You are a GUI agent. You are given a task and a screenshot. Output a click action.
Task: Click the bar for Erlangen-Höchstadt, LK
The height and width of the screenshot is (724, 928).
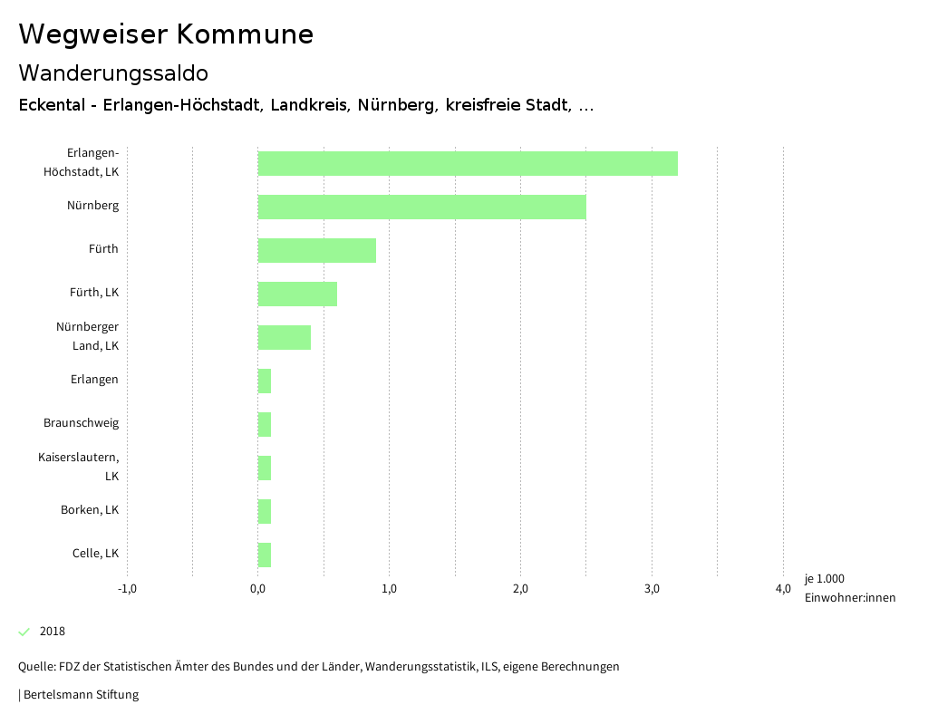(468, 163)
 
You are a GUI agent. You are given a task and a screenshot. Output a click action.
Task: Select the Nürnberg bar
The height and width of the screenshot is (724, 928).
(421, 207)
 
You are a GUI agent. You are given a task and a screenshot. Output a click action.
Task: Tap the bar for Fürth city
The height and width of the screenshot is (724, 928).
(316, 250)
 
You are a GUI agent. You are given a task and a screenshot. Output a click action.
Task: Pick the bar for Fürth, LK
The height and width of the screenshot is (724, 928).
(297, 294)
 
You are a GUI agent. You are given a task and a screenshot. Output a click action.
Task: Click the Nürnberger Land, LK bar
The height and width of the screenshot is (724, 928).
(284, 337)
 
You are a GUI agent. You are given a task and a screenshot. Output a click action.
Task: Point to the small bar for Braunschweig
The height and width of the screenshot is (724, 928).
(265, 424)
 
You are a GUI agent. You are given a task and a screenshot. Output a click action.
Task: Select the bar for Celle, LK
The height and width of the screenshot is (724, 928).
(265, 555)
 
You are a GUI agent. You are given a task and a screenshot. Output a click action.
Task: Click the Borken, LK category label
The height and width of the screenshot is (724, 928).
(90, 510)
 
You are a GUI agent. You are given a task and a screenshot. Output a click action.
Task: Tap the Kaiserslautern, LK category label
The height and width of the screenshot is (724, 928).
(79, 467)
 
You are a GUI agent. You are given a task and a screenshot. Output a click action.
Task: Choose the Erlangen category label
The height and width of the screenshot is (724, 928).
(94, 380)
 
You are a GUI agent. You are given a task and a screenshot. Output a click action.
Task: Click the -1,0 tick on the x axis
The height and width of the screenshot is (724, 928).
(127, 590)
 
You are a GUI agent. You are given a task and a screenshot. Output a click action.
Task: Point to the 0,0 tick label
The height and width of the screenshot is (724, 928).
(258, 590)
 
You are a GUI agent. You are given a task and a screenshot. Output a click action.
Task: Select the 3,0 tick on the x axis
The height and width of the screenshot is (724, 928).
(652, 590)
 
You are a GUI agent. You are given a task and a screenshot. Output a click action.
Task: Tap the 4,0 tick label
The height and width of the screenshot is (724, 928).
(783, 590)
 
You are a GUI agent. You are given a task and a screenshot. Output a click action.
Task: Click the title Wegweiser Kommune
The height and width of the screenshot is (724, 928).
(166, 34)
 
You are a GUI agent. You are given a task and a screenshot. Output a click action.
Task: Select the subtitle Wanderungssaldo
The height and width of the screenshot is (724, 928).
(113, 72)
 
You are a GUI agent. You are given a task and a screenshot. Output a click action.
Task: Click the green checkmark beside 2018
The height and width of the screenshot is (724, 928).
(24, 632)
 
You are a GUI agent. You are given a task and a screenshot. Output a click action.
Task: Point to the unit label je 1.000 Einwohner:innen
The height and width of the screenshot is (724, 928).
(849, 588)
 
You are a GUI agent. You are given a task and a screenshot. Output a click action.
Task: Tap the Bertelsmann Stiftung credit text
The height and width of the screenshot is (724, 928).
(81, 695)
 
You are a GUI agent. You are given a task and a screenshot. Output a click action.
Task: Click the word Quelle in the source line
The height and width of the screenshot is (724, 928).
(35, 667)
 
